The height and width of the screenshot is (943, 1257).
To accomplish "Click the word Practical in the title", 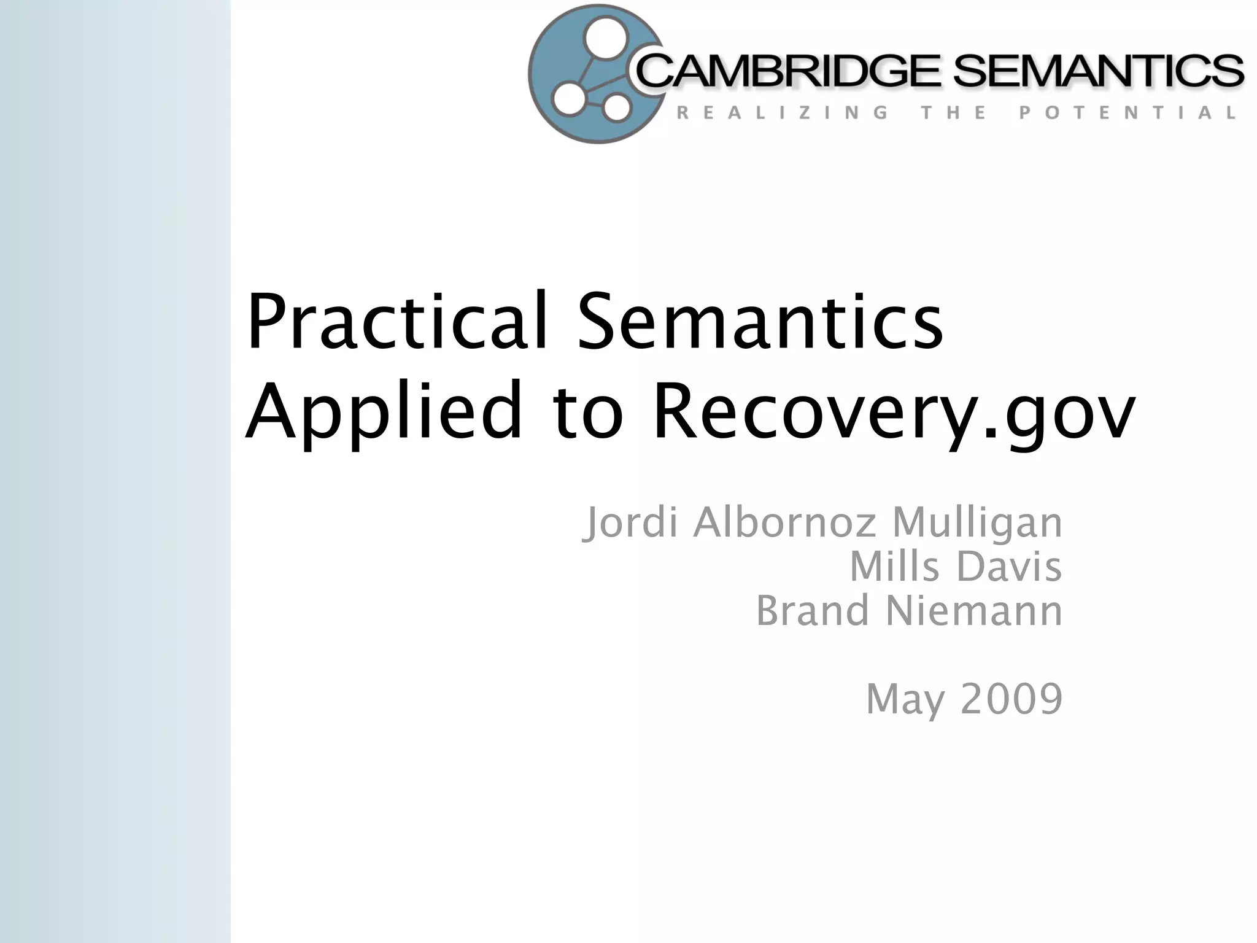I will click(396, 322).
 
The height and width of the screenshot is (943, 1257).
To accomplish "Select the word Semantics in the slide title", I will click(759, 322).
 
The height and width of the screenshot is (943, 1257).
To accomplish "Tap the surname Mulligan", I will click(977, 523).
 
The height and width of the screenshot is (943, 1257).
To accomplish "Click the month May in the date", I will click(905, 700).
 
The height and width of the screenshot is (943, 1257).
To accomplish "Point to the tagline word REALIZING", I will click(783, 113).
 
